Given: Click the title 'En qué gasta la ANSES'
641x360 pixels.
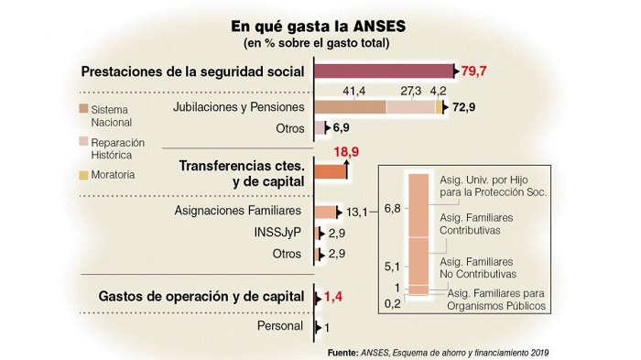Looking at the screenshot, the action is pos(318,27).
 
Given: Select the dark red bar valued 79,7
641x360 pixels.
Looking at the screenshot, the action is pos(384,71).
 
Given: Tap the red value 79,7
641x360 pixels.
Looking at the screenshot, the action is pos(473,71).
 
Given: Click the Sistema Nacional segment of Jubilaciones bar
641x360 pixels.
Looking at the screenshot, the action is pos(350,107).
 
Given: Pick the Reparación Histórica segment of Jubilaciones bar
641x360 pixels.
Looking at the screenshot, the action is pos(411,107).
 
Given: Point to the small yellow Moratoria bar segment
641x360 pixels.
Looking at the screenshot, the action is pos(439,107).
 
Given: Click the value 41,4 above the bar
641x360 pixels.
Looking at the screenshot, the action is pos(354,91).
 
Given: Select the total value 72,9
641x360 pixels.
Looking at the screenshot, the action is pos(464,107).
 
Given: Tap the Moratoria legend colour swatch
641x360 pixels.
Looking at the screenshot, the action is pos(84,175).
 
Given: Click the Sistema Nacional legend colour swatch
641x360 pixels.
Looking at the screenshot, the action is pos(84,109).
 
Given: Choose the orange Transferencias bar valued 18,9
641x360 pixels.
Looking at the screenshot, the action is pos(331,171).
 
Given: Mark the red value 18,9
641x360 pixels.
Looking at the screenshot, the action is pos(346,152).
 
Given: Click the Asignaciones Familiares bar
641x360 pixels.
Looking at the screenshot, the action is pos(325,212).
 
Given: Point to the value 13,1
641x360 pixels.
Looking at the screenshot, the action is pos(356,213).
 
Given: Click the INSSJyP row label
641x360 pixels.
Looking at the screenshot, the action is pos(277,233).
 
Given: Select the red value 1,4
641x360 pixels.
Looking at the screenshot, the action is pos(333,297).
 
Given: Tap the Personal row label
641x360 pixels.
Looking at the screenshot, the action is pos(280,326).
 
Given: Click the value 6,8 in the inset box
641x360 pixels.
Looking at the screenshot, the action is pos(392,209).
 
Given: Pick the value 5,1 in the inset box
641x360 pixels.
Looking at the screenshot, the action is pos(392,267).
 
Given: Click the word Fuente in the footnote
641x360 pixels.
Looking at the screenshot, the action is pos(343,353).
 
